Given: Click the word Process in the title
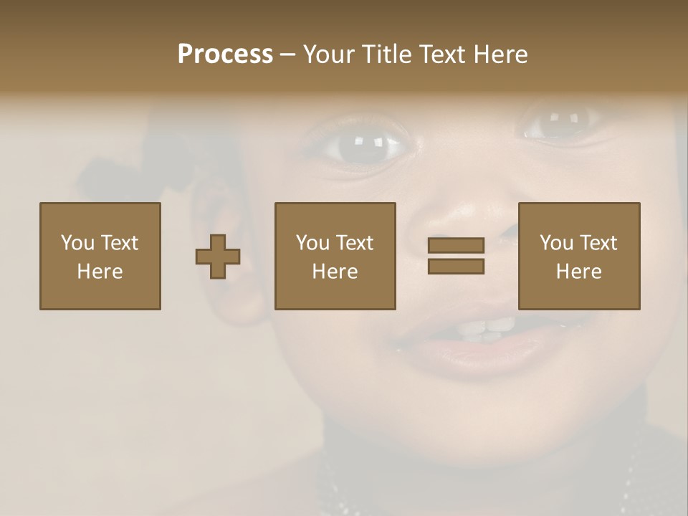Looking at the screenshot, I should click(x=225, y=54).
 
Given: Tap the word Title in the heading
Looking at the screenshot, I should click(x=388, y=54).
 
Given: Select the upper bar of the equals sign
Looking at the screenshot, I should click(x=456, y=245).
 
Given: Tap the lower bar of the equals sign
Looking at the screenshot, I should click(x=456, y=267).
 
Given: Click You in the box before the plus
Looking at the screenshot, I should click(x=77, y=243).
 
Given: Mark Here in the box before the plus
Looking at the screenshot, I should click(x=100, y=272).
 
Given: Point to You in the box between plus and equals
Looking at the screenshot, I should click(x=312, y=243).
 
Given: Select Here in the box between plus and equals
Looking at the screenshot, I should click(x=335, y=272).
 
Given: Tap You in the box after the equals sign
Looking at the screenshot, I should click(x=555, y=243).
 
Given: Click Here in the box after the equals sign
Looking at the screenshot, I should click(x=578, y=272).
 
